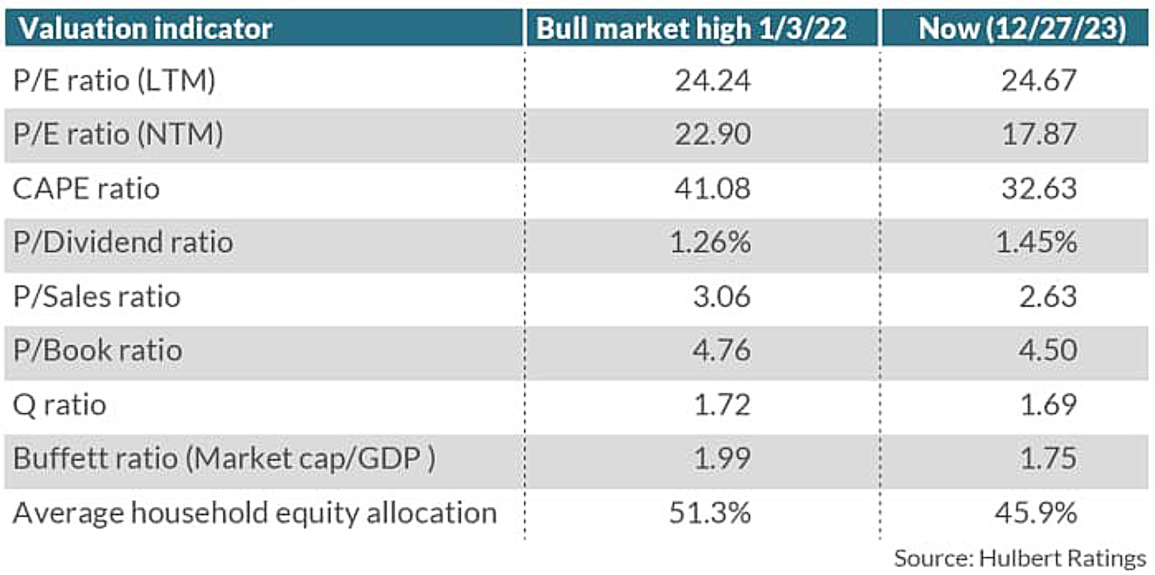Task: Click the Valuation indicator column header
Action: [x=145, y=29]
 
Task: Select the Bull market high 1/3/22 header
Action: [x=691, y=29]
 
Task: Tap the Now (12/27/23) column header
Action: [x=1022, y=29]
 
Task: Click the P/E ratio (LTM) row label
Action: [x=114, y=81]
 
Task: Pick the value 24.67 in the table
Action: [x=1039, y=81]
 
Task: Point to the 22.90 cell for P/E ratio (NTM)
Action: [x=713, y=134]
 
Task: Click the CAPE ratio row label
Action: [x=86, y=188]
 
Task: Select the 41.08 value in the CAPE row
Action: [x=713, y=188]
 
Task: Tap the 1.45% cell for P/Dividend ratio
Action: [x=1036, y=243]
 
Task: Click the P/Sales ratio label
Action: [x=96, y=297]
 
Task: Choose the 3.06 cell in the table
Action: [x=722, y=297]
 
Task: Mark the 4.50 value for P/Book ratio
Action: [x=1048, y=351]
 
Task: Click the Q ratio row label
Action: [x=60, y=405]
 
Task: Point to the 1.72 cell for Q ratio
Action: [x=722, y=405]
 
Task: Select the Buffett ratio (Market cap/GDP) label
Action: [x=224, y=459]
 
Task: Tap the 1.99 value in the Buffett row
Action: [x=722, y=459]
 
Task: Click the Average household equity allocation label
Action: [x=255, y=513]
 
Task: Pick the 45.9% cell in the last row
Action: [x=1036, y=513]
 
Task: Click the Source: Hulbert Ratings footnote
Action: [x=1020, y=559]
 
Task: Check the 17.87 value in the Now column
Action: [x=1039, y=134]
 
